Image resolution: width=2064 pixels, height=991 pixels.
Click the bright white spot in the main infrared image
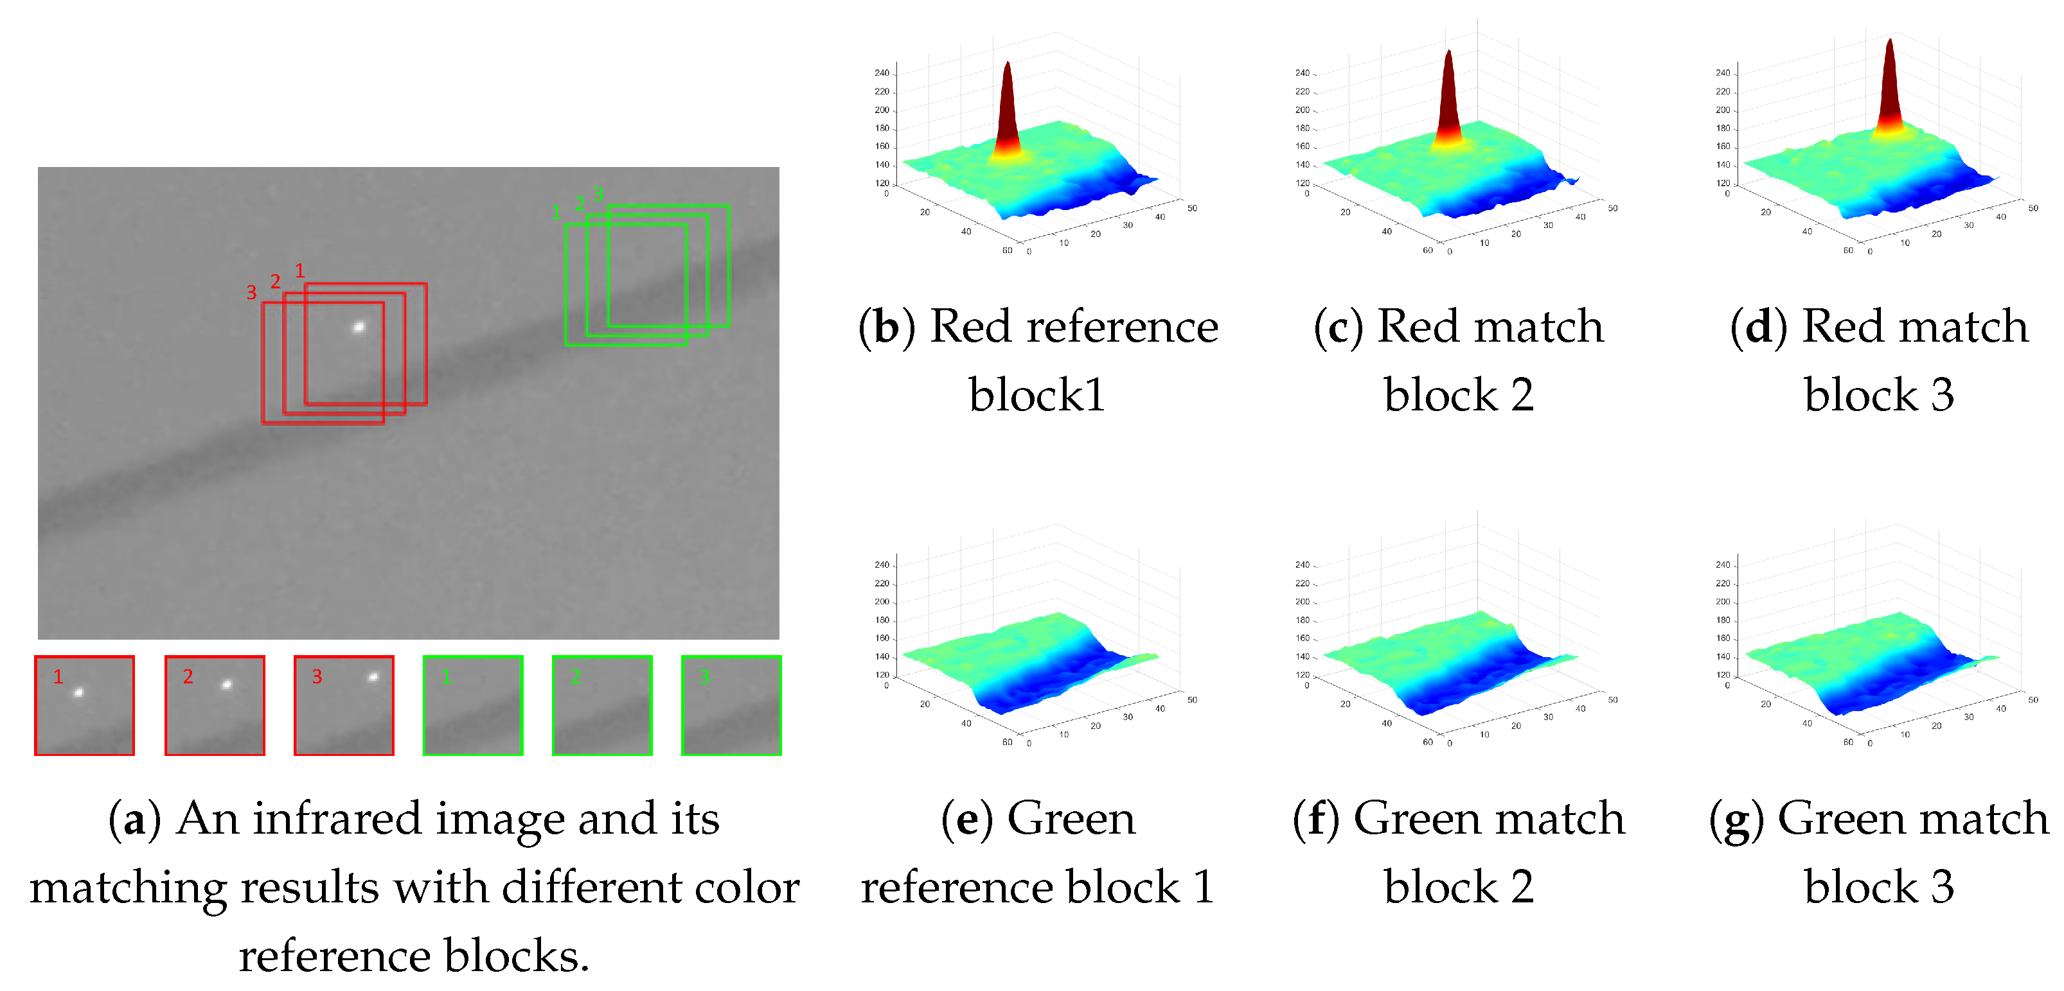[x=359, y=326]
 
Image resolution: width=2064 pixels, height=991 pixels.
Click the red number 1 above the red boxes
[x=299, y=271]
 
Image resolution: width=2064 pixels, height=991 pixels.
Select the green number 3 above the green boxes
[x=598, y=194]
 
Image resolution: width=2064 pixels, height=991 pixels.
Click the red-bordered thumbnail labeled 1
[x=84, y=705]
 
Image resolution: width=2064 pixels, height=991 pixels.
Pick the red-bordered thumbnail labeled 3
[x=344, y=705]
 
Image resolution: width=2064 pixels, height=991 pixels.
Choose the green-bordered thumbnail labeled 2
[x=601, y=705]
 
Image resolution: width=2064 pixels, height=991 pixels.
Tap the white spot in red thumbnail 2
[x=227, y=684]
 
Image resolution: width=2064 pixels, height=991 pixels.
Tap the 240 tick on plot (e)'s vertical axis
[x=882, y=565]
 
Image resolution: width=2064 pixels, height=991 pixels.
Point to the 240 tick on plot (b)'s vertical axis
[x=882, y=73]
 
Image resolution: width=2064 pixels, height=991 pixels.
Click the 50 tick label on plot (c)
[x=1613, y=208]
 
